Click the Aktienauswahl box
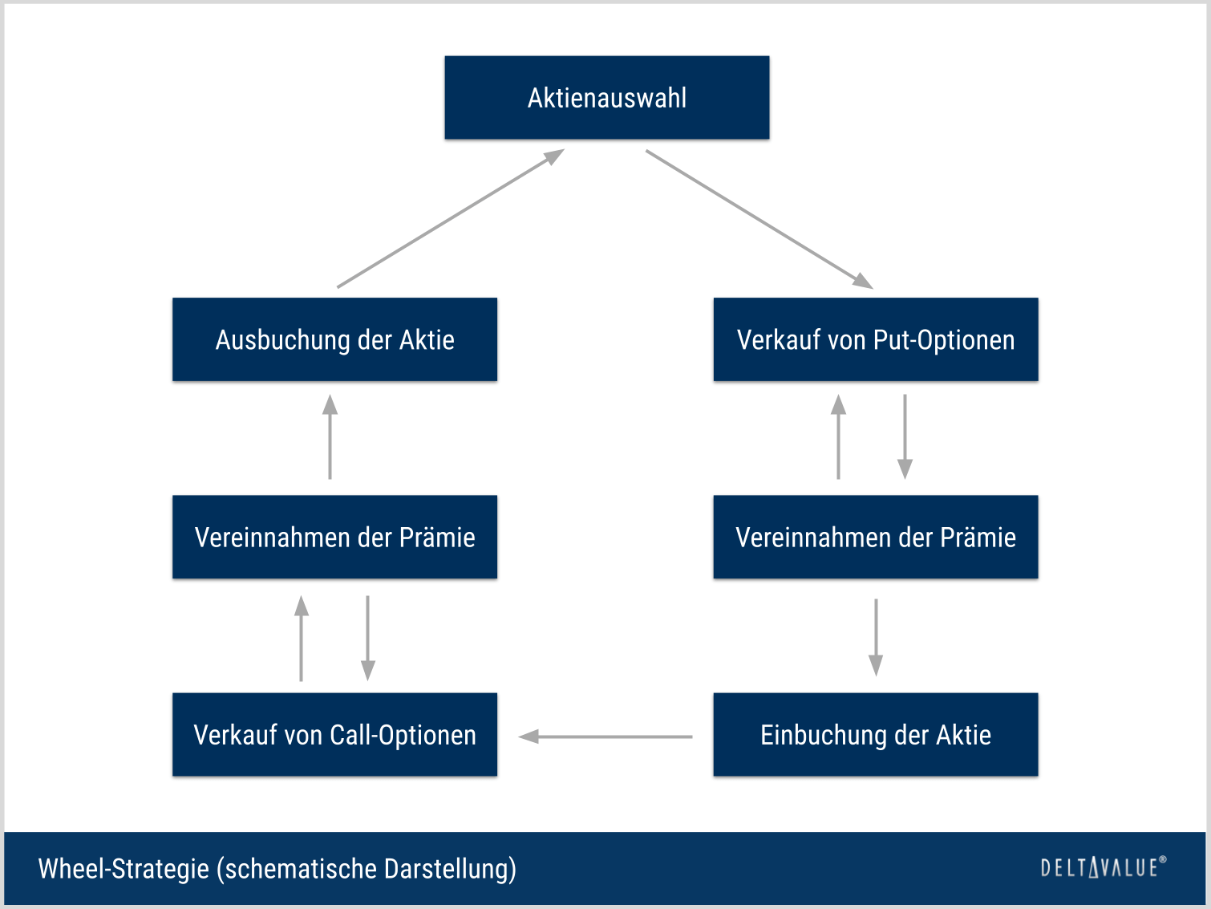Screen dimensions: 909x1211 pos(607,98)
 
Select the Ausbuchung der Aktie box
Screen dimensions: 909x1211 pos(334,339)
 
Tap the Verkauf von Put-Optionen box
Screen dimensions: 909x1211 pos(876,339)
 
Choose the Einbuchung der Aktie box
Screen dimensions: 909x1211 pos(876,734)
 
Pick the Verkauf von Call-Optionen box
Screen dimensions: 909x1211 pos(334,734)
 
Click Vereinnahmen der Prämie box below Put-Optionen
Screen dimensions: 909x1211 pos(876,537)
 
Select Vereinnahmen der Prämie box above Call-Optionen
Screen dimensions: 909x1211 pos(334,537)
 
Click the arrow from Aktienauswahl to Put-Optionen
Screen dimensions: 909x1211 pos(759,218)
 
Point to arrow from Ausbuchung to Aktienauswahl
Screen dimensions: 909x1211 pos(451,218)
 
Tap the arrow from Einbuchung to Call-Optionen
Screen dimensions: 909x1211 pos(605,737)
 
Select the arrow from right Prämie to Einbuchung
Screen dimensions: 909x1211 pos(876,637)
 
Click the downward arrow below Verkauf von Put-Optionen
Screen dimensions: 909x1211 pos(905,436)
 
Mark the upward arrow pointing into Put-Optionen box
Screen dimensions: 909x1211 pos(839,436)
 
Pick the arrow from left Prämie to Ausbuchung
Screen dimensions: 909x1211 pos(330,436)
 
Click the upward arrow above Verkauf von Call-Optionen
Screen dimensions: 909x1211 pos(302,638)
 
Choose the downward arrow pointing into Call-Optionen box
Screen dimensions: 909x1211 pos(367,638)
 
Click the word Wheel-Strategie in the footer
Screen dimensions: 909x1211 pos(124,869)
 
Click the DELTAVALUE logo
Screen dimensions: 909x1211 pos(1099,868)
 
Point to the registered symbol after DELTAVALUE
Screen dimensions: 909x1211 pos(1163,860)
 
